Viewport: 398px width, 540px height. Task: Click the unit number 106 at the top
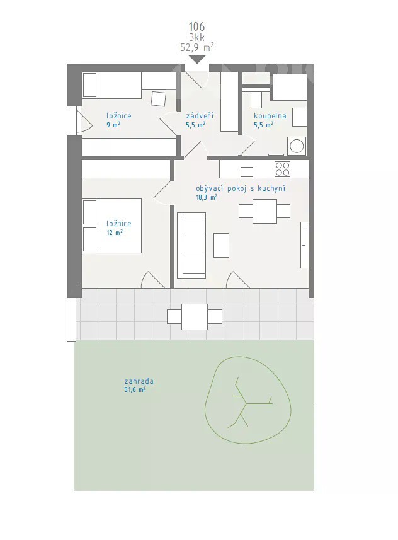[x=196, y=26]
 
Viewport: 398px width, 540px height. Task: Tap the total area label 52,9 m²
[x=197, y=47]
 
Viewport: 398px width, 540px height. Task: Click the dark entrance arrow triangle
[x=196, y=59]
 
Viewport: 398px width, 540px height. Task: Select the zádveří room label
[x=200, y=116]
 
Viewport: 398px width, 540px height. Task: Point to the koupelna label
[x=270, y=116]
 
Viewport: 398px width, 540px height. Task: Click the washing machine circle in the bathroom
[x=297, y=146]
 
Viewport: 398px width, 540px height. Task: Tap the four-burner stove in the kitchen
[x=282, y=169]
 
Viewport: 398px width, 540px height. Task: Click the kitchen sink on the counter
[x=246, y=171]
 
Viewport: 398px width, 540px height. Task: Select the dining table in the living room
[x=264, y=211]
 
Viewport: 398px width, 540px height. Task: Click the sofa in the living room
[x=191, y=245]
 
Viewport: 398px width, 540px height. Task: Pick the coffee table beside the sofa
[x=222, y=245]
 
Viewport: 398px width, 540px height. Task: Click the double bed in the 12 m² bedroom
[x=112, y=226]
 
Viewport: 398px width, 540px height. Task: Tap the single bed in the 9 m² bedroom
[x=112, y=85]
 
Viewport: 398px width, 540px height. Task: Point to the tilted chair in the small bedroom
[x=158, y=98]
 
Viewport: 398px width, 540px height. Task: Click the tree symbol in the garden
[x=248, y=400]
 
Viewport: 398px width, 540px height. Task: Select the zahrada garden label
[x=139, y=381]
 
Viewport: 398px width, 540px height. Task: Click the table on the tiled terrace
[x=195, y=317]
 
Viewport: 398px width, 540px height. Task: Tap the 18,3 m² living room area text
[x=207, y=197]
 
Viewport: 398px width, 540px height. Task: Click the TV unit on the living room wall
[x=305, y=245]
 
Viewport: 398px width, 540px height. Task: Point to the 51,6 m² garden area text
[x=135, y=389]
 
